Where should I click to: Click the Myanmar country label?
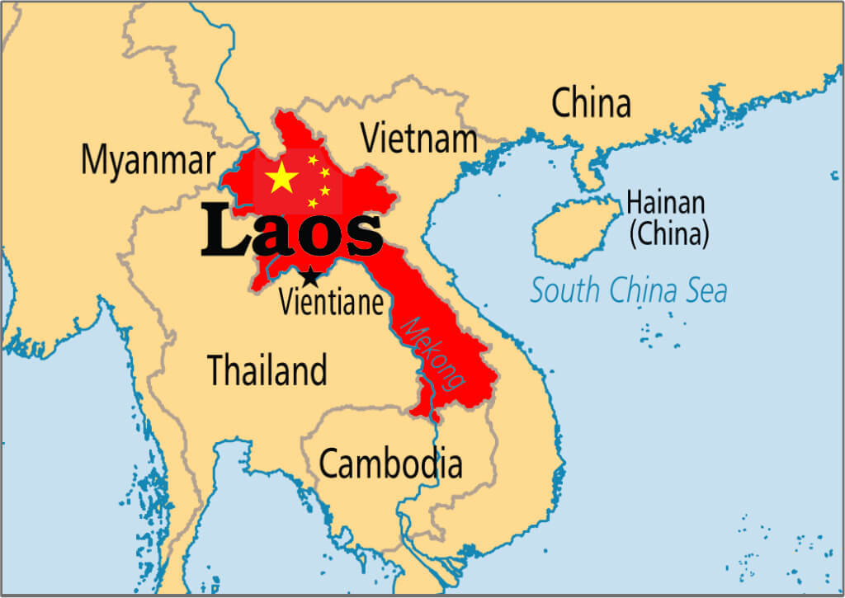(x=148, y=160)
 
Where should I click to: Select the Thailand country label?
(x=267, y=371)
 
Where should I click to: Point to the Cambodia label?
(x=389, y=465)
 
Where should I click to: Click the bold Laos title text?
(x=292, y=233)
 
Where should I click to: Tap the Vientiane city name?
(x=332, y=303)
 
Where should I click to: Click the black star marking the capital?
(x=309, y=277)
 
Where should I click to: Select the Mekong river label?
(x=432, y=355)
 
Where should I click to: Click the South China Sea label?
(x=629, y=291)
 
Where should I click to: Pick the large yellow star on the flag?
(x=282, y=177)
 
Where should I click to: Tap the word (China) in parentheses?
(x=668, y=234)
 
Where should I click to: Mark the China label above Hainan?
(x=591, y=104)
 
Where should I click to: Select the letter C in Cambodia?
(x=329, y=465)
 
